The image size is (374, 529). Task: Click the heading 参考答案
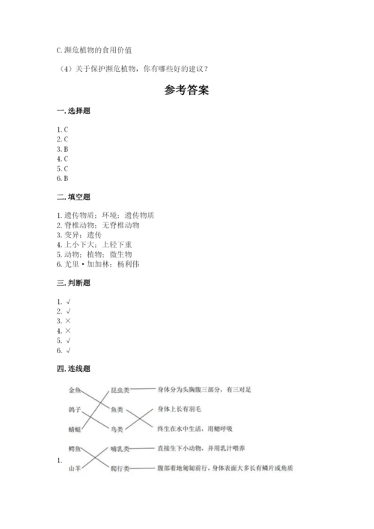pos(186,91)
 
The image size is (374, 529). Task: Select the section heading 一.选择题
pos(72,111)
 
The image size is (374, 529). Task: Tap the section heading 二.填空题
pos(72,197)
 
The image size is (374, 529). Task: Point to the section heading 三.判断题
pos(72,283)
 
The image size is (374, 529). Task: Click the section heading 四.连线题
pos(72,369)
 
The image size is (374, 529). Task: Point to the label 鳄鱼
pos(75,449)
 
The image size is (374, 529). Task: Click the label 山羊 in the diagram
pos(75,468)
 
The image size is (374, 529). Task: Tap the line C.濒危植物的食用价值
pos(93,49)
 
